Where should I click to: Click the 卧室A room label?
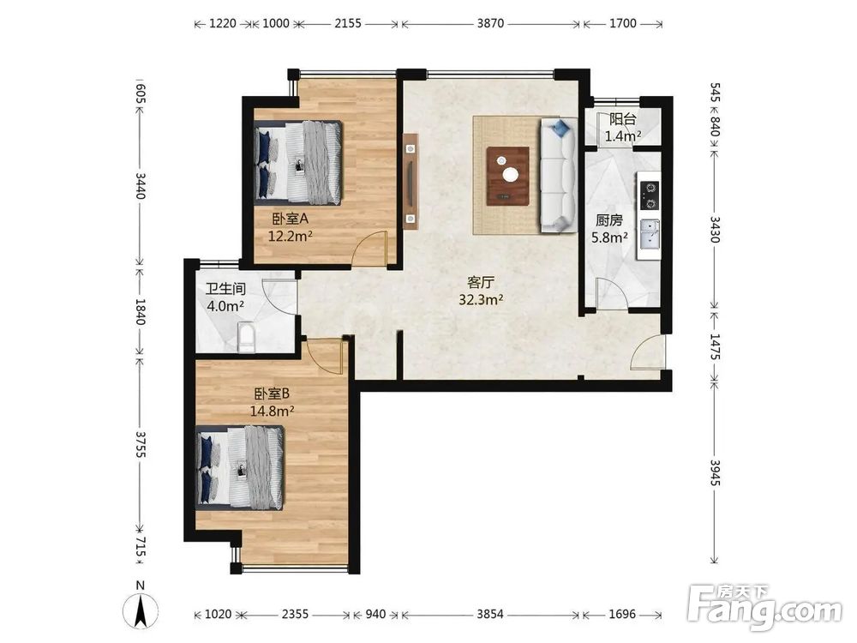pos(291,219)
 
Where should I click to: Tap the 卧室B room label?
pos(272,394)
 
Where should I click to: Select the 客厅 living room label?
pos(481,283)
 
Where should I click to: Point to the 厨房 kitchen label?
pos(608,220)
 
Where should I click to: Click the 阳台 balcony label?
pos(622,119)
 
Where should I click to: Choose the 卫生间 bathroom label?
pos(225,289)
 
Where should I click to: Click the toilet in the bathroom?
pos(247,338)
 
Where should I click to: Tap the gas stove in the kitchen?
pos(650,195)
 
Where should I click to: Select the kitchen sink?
pos(650,233)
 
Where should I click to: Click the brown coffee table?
pos(507,176)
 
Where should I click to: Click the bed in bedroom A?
pos(298,163)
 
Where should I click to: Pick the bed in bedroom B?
pos(240,467)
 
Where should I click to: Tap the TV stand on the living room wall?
pos(411,180)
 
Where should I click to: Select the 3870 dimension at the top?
pos(490,23)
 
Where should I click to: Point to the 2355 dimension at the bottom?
pos(295,614)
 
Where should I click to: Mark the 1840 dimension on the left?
pos(140,312)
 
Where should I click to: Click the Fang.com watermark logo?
pos(765,606)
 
